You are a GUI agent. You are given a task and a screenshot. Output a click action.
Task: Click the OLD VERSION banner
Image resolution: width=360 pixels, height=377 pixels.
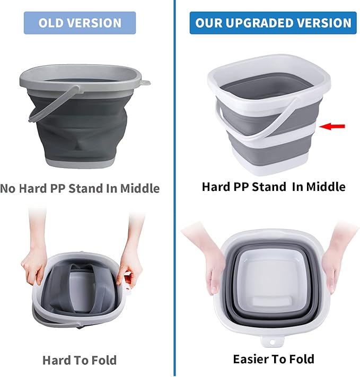tap(80, 23)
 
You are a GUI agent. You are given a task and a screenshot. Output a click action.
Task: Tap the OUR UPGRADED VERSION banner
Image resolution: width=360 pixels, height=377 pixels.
tap(273, 23)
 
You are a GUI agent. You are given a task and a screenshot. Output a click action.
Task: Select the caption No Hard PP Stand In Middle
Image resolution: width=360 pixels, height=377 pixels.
tap(80, 188)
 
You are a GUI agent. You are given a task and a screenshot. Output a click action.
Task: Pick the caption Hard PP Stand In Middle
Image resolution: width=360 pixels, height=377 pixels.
tap(273, 187)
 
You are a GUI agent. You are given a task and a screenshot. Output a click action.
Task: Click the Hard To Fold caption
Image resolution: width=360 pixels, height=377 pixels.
tap(80, 361)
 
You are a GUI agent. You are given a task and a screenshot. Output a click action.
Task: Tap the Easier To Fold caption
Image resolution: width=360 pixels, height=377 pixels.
tap(273, 359)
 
